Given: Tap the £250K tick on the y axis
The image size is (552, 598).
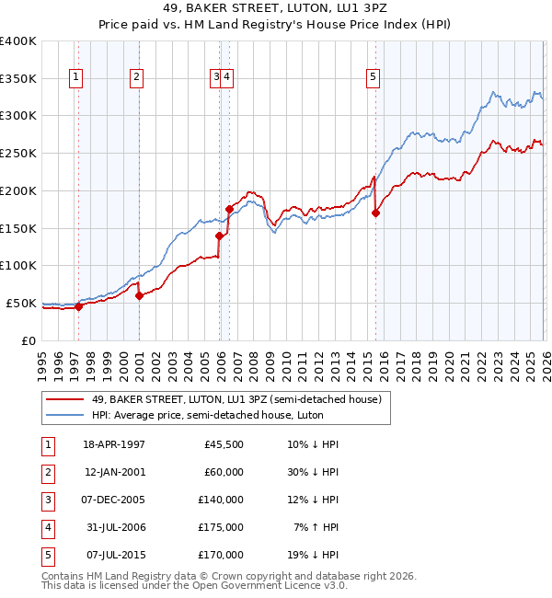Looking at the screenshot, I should pos(18,153).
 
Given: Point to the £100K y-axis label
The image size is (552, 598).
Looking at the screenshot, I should pos(18,265).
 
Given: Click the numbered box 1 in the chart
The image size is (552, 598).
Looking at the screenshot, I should pos(75,78).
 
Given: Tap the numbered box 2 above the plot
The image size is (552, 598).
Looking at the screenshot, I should pos(135,78).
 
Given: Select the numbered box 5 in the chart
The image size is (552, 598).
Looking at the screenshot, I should pos(374,78).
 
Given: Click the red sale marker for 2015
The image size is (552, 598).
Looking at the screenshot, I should pos(375,213).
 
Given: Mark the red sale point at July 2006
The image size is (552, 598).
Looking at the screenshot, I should pos(229,209).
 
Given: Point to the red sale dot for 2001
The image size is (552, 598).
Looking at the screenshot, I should pos(139,295).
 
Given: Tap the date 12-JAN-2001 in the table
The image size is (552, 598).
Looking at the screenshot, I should pos(114,472).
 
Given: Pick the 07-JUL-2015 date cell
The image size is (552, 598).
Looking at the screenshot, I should pos(114,555).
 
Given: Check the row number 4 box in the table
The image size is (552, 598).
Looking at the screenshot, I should pos(46,527).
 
